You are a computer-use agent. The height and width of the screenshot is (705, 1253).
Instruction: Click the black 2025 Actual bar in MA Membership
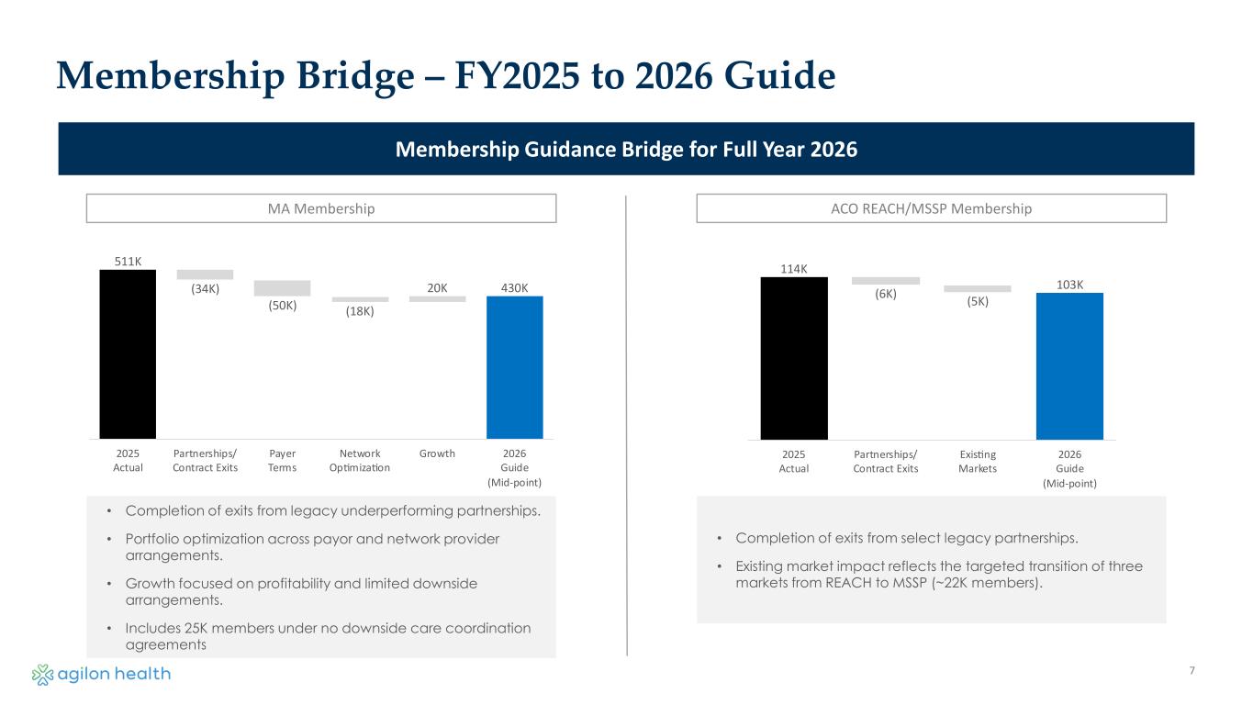[x=128, y=353]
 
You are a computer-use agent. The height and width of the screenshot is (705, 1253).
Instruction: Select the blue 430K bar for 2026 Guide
[x=514, y=367]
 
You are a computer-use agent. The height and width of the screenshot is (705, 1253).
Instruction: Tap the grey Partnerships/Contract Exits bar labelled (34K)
[x=205, y=274]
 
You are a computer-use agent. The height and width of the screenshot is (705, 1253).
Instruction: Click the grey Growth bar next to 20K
[x=437, y=298]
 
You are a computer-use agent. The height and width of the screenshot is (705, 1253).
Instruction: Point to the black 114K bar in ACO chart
[x=794, y=358]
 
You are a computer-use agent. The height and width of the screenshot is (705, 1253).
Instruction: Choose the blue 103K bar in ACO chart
[x=1069, y=365]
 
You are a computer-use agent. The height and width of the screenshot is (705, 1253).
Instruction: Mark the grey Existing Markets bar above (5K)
[x=977, y=289]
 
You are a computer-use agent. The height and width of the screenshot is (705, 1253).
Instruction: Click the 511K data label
[x=128, y=262]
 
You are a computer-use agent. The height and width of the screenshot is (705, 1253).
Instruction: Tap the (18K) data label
[x=360, y=312]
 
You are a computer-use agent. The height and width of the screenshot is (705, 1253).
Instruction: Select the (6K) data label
[x=886, y=295]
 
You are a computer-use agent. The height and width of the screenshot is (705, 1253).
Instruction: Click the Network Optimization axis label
[x=359, y=461]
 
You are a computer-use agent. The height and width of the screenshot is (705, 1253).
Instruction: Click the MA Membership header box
[x=321, y=208]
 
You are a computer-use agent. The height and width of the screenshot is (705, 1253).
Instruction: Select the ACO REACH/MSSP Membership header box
[x=931, y=208]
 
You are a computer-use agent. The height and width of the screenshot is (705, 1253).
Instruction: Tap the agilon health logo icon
[x=43, y=675]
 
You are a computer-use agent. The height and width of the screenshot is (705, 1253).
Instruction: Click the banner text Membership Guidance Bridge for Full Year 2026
[x=626, y=149]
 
